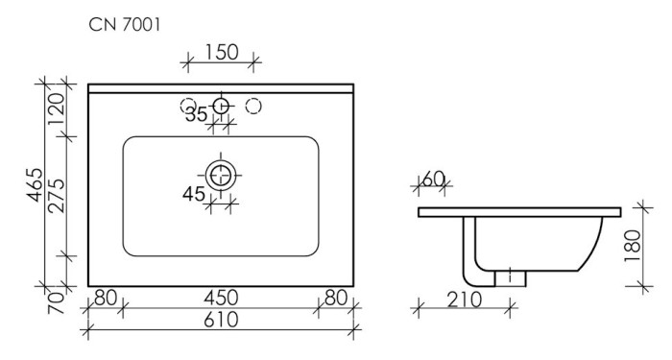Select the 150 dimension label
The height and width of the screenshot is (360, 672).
click(x=221, y=54)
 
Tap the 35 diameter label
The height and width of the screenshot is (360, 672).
click(x=198, y=116)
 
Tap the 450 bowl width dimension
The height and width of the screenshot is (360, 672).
click(x=221, y=298)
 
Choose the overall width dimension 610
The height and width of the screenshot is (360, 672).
click(x=221, y=319)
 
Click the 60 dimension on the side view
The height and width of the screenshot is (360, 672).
click(x=434, y=179)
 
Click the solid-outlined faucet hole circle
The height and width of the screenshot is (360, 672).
click(x=222, y=106)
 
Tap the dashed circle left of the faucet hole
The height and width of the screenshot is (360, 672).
click(x=189, y=106)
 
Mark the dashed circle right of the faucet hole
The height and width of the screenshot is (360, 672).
click(x=254, y=106)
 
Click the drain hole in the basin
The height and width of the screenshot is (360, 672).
click(x=222, y=174)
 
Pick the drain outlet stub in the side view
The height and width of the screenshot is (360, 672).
click(x=510, y=276)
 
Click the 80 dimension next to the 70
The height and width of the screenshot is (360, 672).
click(x=106, y=298)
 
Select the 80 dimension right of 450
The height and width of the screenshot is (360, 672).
click(x=335, y=298)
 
